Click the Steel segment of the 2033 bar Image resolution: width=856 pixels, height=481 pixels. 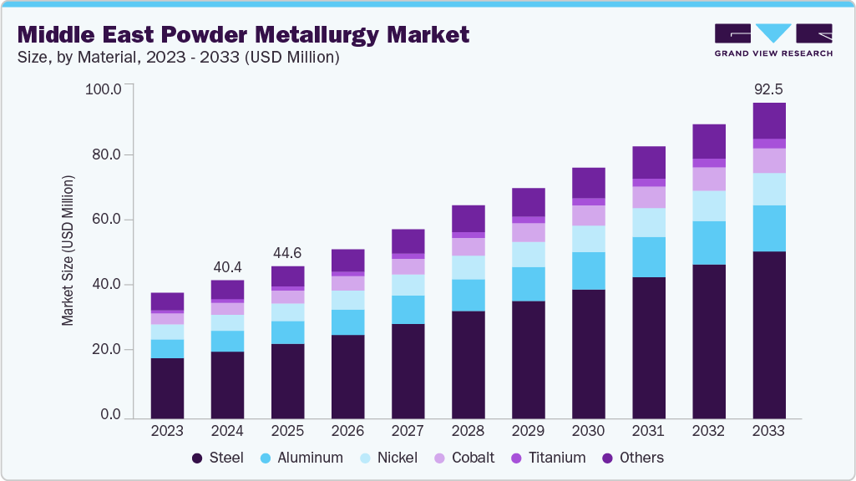coord(768,334)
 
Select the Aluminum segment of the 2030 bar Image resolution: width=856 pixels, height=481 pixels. coord(588,271)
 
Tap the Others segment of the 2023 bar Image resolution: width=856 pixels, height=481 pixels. coord(167,301)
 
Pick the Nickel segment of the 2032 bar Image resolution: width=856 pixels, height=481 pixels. coord(708,205)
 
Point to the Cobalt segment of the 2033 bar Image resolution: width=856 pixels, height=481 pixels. coord(768,160)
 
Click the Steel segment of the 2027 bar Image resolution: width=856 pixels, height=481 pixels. coord(408,370)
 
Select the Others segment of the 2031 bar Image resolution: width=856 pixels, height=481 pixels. coord(648,162)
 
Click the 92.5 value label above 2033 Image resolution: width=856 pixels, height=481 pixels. coord(768,89)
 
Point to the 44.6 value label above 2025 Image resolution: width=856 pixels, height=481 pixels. coord(287,251)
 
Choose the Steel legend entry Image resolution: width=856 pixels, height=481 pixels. coord(218,458)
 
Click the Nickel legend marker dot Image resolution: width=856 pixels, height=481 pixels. coord(365,458)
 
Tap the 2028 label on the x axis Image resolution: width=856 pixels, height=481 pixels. coord(468,432)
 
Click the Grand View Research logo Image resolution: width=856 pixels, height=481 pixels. coord(772,40)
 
